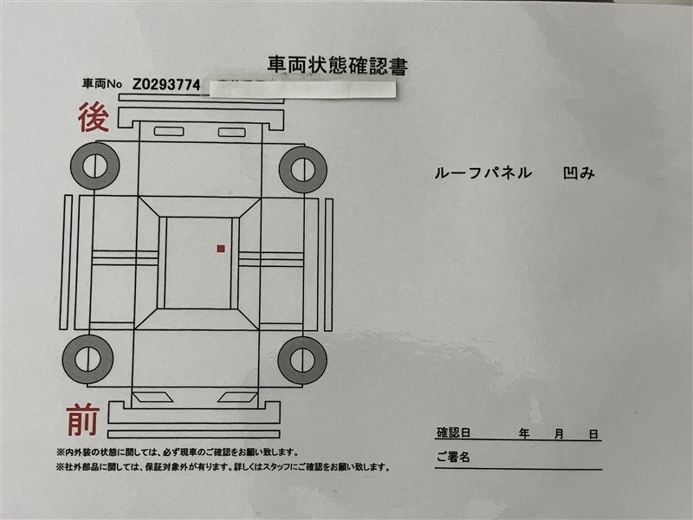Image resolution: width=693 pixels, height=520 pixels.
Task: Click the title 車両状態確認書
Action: pyautogui.click(x=337, y=66)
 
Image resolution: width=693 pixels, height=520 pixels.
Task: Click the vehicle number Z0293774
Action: pyautogui.click(x=166, y=84)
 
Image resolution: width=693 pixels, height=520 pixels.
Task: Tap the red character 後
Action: pyautogui.click(x=94, y=117)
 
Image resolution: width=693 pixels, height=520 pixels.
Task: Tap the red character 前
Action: pyautogui.click(x=83, y=419)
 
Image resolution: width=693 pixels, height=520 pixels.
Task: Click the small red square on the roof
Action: pyautogui.click(x=221, y=249)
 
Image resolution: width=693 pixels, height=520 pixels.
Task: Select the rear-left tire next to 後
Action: pyautogui.click(x=94, y=166)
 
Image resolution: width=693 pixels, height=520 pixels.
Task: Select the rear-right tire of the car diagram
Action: pyautogui.click(x=303, y=170)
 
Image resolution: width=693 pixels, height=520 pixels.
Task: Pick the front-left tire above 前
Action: pyautogui.click(x=87, y=359)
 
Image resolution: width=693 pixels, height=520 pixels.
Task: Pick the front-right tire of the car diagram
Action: pyautogui.click(x=302, y=361)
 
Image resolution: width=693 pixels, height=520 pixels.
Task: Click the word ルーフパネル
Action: pyautogui.click(x=483, y=172)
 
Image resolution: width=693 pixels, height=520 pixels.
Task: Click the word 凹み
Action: pyautogui.click(x=579, y=172)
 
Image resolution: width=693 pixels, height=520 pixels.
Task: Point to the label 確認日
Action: pyautogui.click(x=453, y=432)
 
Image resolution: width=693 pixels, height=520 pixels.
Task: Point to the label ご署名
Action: pyautogui.click(x=453, y=457)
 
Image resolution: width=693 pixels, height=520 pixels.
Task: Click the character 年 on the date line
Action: pyautogui.click(x=524, y=433)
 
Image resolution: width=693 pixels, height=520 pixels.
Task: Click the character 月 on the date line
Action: pyautogui.click(x=559, y=434)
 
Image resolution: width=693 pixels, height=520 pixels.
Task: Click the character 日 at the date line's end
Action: pyautogui.click(x=593, y=434)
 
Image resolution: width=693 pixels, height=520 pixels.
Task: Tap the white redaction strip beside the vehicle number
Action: pyautogui.click(x=302, y=89)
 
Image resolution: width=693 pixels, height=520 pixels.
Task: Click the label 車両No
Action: pyautogui.click(x=101, y=83)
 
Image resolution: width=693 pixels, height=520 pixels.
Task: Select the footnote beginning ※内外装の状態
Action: pyautogui.click(x=177, y=452)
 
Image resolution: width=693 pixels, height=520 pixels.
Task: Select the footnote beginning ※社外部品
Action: pyautogui.click(x=223, y=467)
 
